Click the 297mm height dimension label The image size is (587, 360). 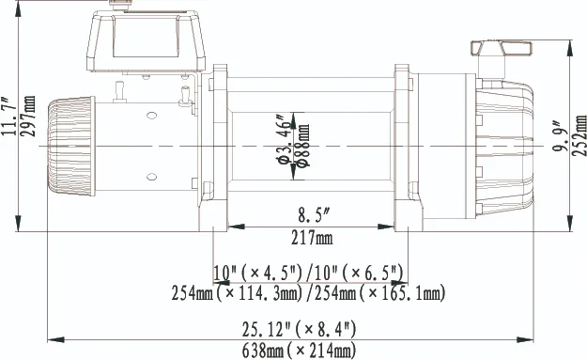click(28, 116)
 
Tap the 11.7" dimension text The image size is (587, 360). click(8, 117)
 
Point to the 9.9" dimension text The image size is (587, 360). click(560, 135)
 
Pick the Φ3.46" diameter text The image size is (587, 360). click(285, 139)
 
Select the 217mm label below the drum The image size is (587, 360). click(312, 238)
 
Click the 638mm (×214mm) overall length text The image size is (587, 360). click(299, 351)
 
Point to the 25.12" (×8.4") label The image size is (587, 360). click(299, 329)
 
